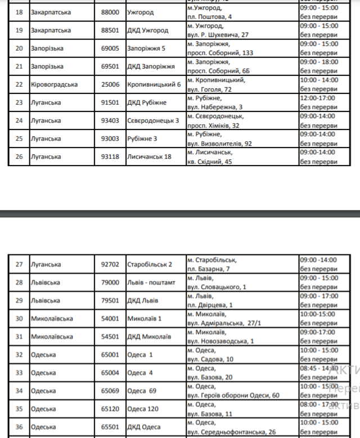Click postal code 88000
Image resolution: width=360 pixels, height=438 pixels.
point(110,12)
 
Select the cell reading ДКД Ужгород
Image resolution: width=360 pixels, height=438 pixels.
point(147,30)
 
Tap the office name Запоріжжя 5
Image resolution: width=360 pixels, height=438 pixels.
point(146,48)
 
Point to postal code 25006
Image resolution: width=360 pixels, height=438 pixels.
point(110,84)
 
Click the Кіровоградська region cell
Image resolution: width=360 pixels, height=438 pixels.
point(55,84)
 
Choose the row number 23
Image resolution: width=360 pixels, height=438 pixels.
point(19,102)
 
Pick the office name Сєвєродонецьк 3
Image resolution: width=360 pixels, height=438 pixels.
point(153,120)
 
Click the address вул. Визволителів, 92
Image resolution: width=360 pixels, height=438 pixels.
point(220,143)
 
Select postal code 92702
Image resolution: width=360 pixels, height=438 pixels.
point(110,264)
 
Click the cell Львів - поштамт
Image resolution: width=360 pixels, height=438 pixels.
point(151,282)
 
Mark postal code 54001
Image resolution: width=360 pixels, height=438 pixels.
point(110,318)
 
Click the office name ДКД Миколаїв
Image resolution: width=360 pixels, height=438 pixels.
point(149,336)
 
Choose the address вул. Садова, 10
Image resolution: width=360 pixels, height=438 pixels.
point(211,359)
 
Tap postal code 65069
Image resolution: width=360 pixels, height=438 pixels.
point(110,390)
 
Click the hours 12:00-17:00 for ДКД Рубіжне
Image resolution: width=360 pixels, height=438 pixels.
point(318,98)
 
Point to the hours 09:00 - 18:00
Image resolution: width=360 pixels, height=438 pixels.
point(319,62)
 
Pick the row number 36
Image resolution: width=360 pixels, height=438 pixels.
point(19,426)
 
